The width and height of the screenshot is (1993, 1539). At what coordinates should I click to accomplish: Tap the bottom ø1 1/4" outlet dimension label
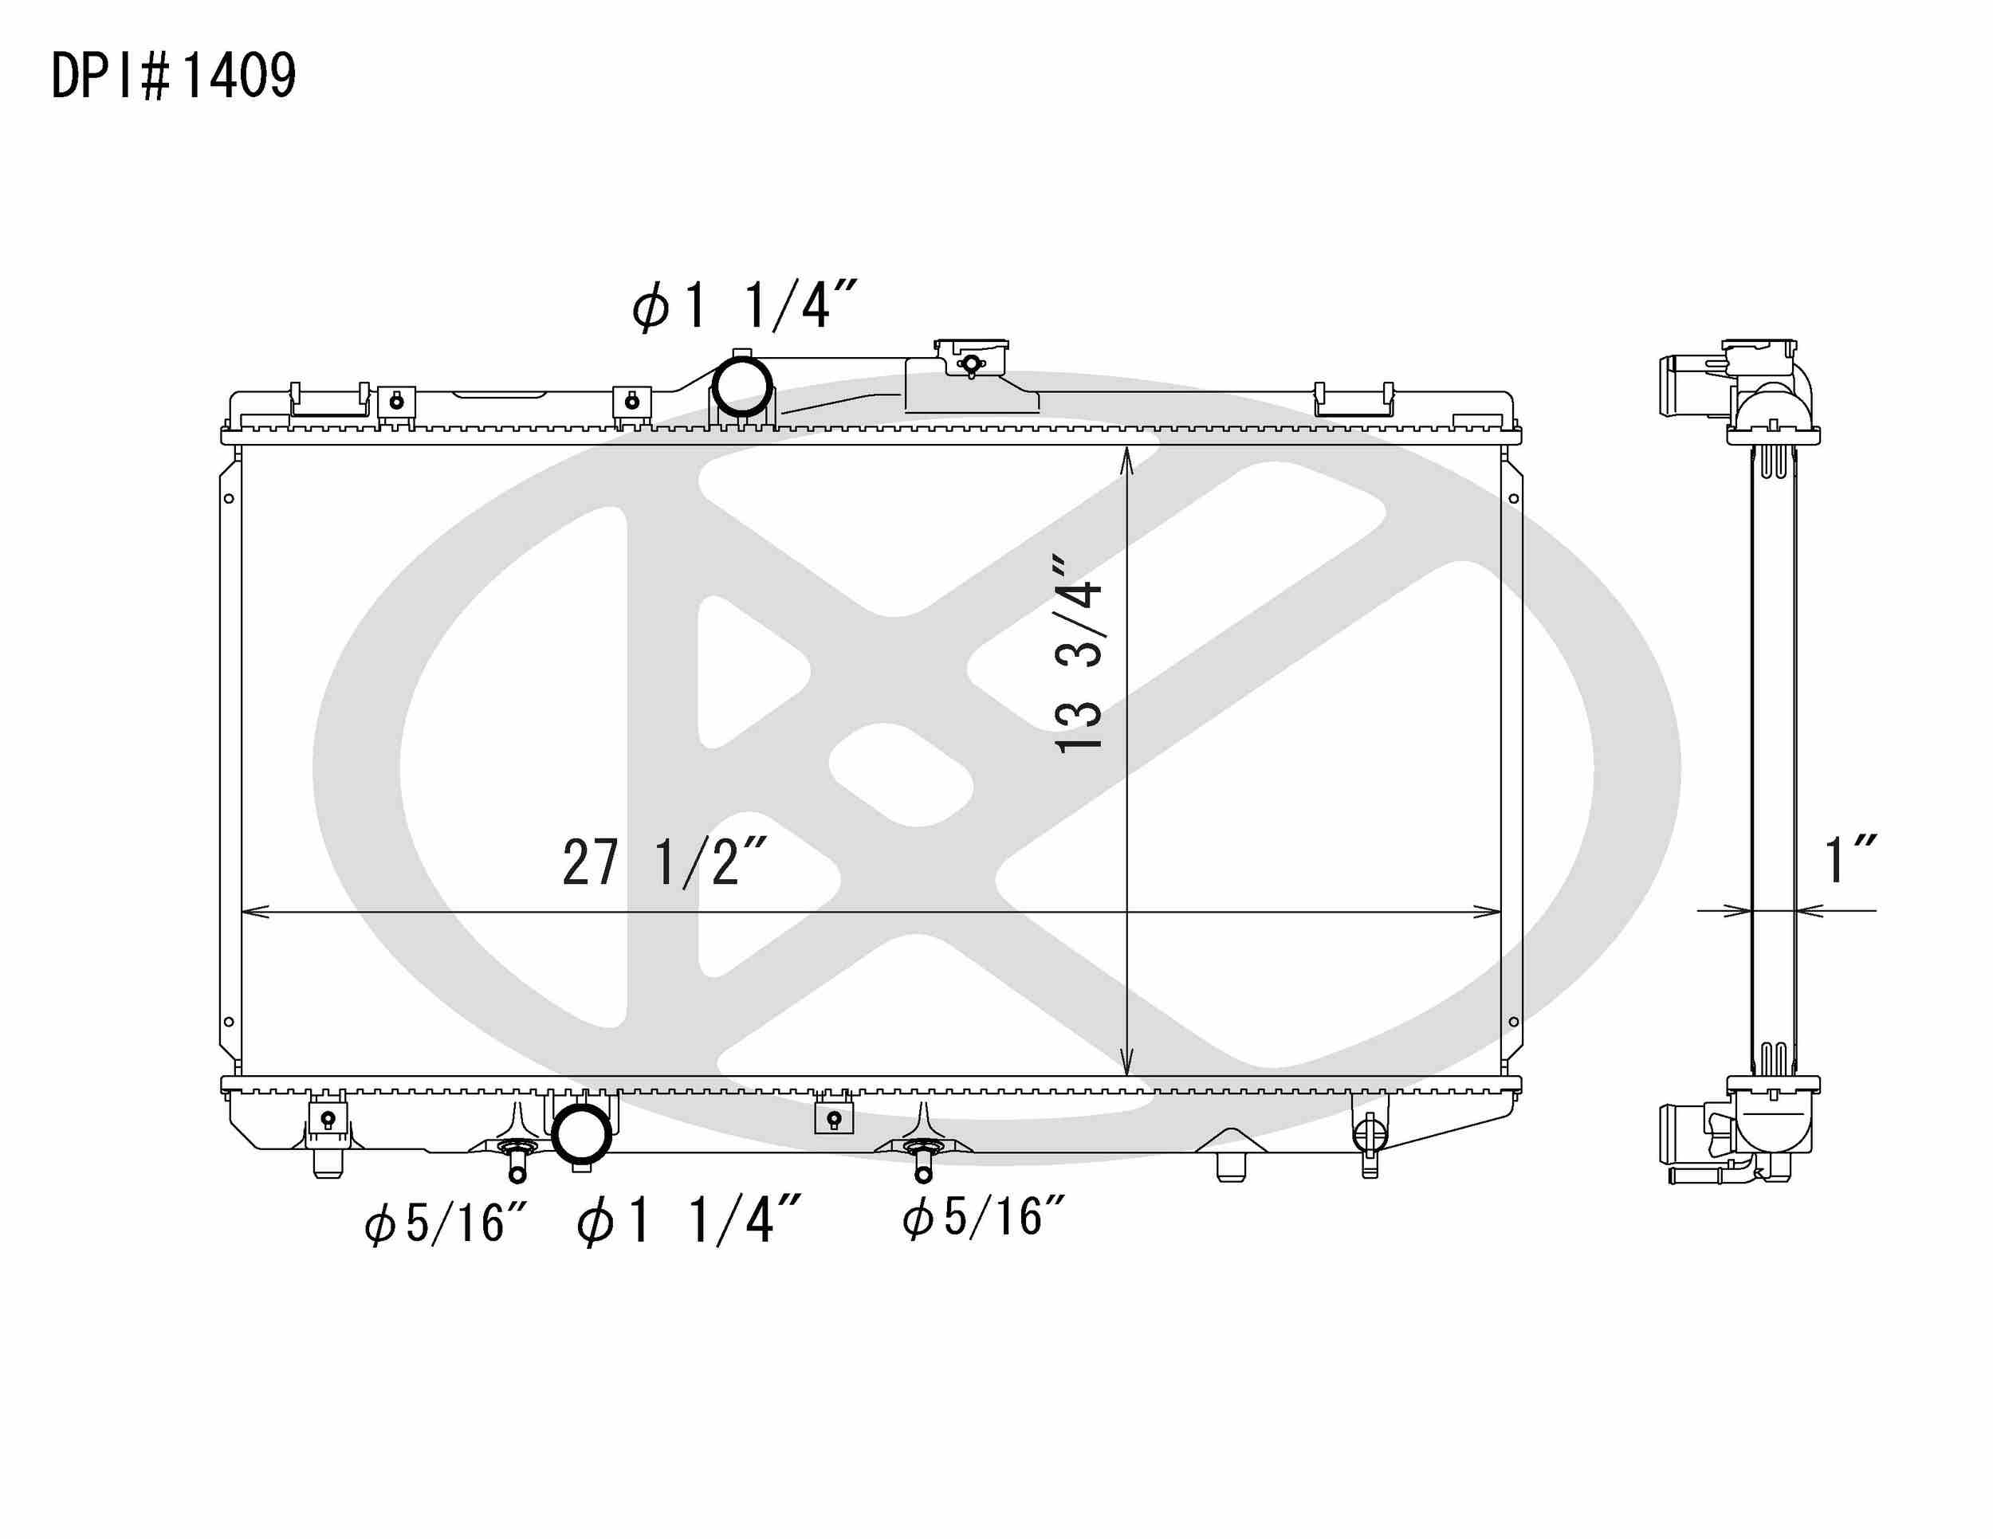pyautogui.click(x=689, y=1221)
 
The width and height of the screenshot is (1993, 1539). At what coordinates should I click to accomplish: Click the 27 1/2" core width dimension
pyautogui.click(x=664, y=862)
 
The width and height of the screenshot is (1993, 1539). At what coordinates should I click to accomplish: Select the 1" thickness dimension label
pyautogui.click(x=1849, y=859)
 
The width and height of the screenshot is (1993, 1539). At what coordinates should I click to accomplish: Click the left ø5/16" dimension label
pyautogui.click(x=446, y=1223)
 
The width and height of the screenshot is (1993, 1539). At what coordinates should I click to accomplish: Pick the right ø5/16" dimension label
pyautogui.click(x=983, y=1217)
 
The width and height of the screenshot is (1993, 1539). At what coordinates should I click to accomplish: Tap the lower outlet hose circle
pyautogui.click(x=581, y=1134)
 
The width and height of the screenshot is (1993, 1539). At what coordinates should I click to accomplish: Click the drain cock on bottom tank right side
pyautogui.click(x=1369, y=1137)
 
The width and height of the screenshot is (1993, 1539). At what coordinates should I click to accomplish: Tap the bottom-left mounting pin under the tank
pyautogui.click(x=328, y=1162)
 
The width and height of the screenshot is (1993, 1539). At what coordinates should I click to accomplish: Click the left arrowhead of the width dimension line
pyautogui.click(x=254, y=911)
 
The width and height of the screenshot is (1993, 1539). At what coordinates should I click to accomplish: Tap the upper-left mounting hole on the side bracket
pyautogui.click(x=229, y=498)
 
